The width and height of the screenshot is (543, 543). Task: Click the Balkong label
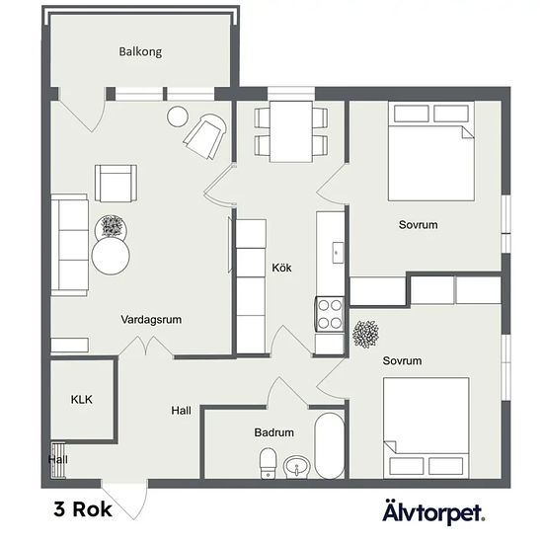pyautogui.click(x=140, y=51)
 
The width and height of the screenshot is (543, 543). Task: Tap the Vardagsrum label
pyautogui.click(x=151, y=319)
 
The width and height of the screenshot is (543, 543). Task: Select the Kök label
pyautogui.click(x=281, y=268)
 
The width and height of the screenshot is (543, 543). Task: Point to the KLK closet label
pyautogui.click(x=82, y=399)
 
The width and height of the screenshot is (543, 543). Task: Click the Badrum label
pyautogui.click(x=273, y=432)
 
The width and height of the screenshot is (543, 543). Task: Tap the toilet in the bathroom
pyautogui.click(x=268, y=463)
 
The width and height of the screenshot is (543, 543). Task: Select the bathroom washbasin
pyautogui.click(x=297, y=467)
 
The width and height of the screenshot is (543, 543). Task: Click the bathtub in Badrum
pyautogui.click(x=330, y=445)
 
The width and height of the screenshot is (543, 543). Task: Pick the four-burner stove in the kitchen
pyautogui.click(x=330, y=314)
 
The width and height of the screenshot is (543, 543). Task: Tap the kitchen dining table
pyautogui.click(x=291, y=131)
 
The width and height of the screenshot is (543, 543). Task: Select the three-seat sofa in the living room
pyautogui.click(x=70, y=245)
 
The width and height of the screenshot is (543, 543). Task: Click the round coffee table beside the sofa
pyautogui.click(x=111, y=257)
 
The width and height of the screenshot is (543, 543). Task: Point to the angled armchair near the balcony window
pyautogui.click(x=205, y=136)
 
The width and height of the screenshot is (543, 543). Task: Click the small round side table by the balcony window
pyautogui.click(x=178, y=116)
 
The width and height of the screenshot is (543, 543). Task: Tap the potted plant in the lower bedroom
pyautogui.click(x=365, y=334)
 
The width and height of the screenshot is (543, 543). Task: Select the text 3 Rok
pyautogui.click(x=83, y=509)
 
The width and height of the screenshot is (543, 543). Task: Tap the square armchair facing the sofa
pyautogui.click(x=116, y=184)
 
